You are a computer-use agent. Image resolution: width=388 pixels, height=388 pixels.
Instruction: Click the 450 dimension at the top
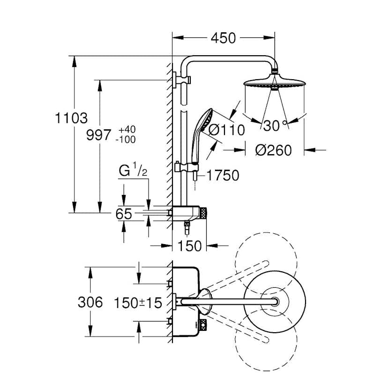point(223,38)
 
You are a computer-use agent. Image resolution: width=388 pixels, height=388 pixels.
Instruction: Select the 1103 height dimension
point(71,118)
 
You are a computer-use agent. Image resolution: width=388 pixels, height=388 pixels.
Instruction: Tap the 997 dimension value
point(99,135)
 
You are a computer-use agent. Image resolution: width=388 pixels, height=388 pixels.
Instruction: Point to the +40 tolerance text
point(127,130)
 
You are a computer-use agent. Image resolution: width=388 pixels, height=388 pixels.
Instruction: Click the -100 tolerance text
point(126,140)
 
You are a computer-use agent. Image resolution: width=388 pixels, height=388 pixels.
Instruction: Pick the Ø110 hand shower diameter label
point(227,130)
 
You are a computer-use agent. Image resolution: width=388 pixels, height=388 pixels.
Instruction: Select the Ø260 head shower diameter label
point(274,150)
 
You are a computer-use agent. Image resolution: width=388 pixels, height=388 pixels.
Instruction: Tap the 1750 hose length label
point(223,175)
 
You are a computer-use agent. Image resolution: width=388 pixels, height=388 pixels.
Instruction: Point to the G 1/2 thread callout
point(133,170)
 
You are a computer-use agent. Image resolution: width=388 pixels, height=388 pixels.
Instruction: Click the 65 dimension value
point(124,214)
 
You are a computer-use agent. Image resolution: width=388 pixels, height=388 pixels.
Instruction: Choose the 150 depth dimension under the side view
point(189,246)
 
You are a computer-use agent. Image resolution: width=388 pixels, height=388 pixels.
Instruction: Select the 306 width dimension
point(90,302)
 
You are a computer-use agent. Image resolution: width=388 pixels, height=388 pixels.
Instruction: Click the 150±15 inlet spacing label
point(138,303)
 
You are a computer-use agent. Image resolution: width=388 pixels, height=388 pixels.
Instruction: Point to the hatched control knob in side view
point(203,213)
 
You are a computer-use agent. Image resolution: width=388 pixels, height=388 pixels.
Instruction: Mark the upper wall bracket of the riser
point(182,80)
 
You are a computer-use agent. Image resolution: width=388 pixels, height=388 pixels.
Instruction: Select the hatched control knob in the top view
point(203,324)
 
